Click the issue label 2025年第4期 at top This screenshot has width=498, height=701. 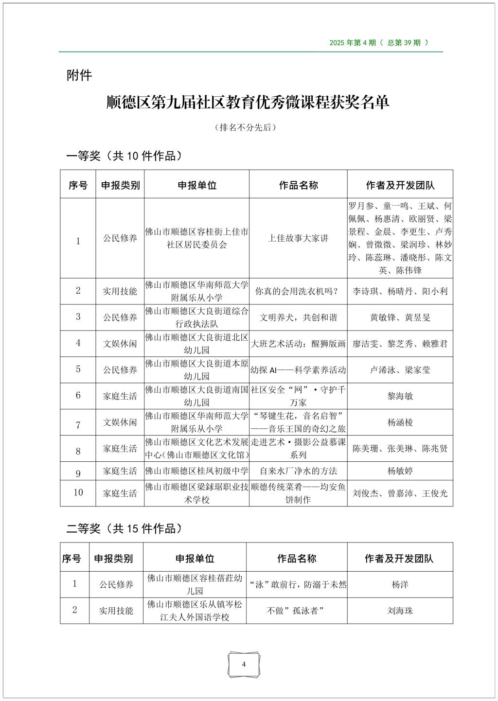(379, 43)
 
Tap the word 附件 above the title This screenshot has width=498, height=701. (79, 75)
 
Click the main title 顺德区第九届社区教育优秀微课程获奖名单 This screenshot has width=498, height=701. (248, 103)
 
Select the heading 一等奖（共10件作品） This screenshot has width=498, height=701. (125, 156)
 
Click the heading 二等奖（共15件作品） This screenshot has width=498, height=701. (125, 529)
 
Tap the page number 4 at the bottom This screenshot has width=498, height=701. (244, 665)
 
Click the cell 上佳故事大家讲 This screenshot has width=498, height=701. (298, 238)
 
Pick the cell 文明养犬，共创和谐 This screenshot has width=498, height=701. (298, 317)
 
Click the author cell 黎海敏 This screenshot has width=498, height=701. (400, 396)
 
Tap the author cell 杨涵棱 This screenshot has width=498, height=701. (400, 422)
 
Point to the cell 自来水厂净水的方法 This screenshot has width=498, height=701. (298, 471)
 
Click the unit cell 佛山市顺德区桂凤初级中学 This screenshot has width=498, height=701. (196, 471)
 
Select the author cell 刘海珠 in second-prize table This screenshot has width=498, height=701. (400, 611)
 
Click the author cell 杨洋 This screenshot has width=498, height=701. (400, 584)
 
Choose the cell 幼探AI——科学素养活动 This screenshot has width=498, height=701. (298, 370)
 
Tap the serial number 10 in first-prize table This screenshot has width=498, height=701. (78, 492)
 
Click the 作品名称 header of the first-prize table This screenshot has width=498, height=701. (298, 185)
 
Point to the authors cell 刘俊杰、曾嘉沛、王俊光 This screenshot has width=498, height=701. (400, 493)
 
